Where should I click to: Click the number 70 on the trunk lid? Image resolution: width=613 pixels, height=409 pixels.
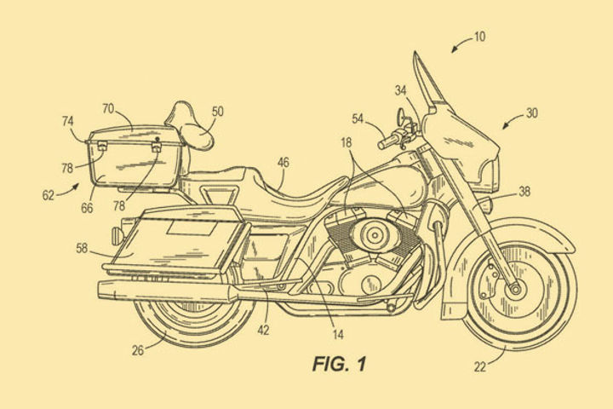(x=108, y=109)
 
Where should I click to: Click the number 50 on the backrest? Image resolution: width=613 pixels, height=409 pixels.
(x=217, y=112)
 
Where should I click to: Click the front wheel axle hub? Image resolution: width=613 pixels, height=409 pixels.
(x=513, y=290)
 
